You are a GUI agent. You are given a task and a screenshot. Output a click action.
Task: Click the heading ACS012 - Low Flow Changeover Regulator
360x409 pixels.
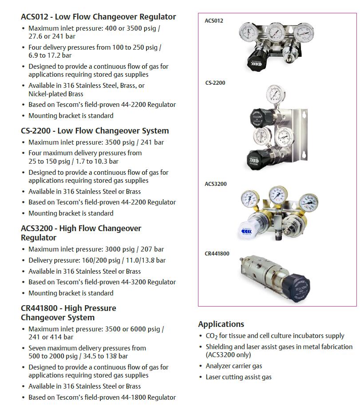tap(98, 17)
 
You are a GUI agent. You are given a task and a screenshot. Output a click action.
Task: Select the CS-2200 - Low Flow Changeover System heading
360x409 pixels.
tap(95, 131)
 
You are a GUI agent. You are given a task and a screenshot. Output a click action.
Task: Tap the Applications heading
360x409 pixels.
tap(221, 324)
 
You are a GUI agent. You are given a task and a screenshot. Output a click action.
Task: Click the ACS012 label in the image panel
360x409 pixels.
tap(214, 21)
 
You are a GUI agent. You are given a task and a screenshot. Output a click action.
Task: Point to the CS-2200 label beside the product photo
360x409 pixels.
tap(215, 83)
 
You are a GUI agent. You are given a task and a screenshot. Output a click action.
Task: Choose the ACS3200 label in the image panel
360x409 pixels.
tap(216, 184)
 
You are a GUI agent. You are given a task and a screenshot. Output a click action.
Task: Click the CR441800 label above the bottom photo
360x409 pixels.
tap(217, 254)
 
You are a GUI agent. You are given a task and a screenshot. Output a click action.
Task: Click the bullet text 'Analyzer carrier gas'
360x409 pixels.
tap(233, 366)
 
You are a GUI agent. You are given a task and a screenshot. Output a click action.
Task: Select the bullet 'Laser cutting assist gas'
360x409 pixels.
tap(238, 377)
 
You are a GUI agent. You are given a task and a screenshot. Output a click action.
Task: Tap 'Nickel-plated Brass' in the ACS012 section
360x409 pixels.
tap(55, 94)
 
